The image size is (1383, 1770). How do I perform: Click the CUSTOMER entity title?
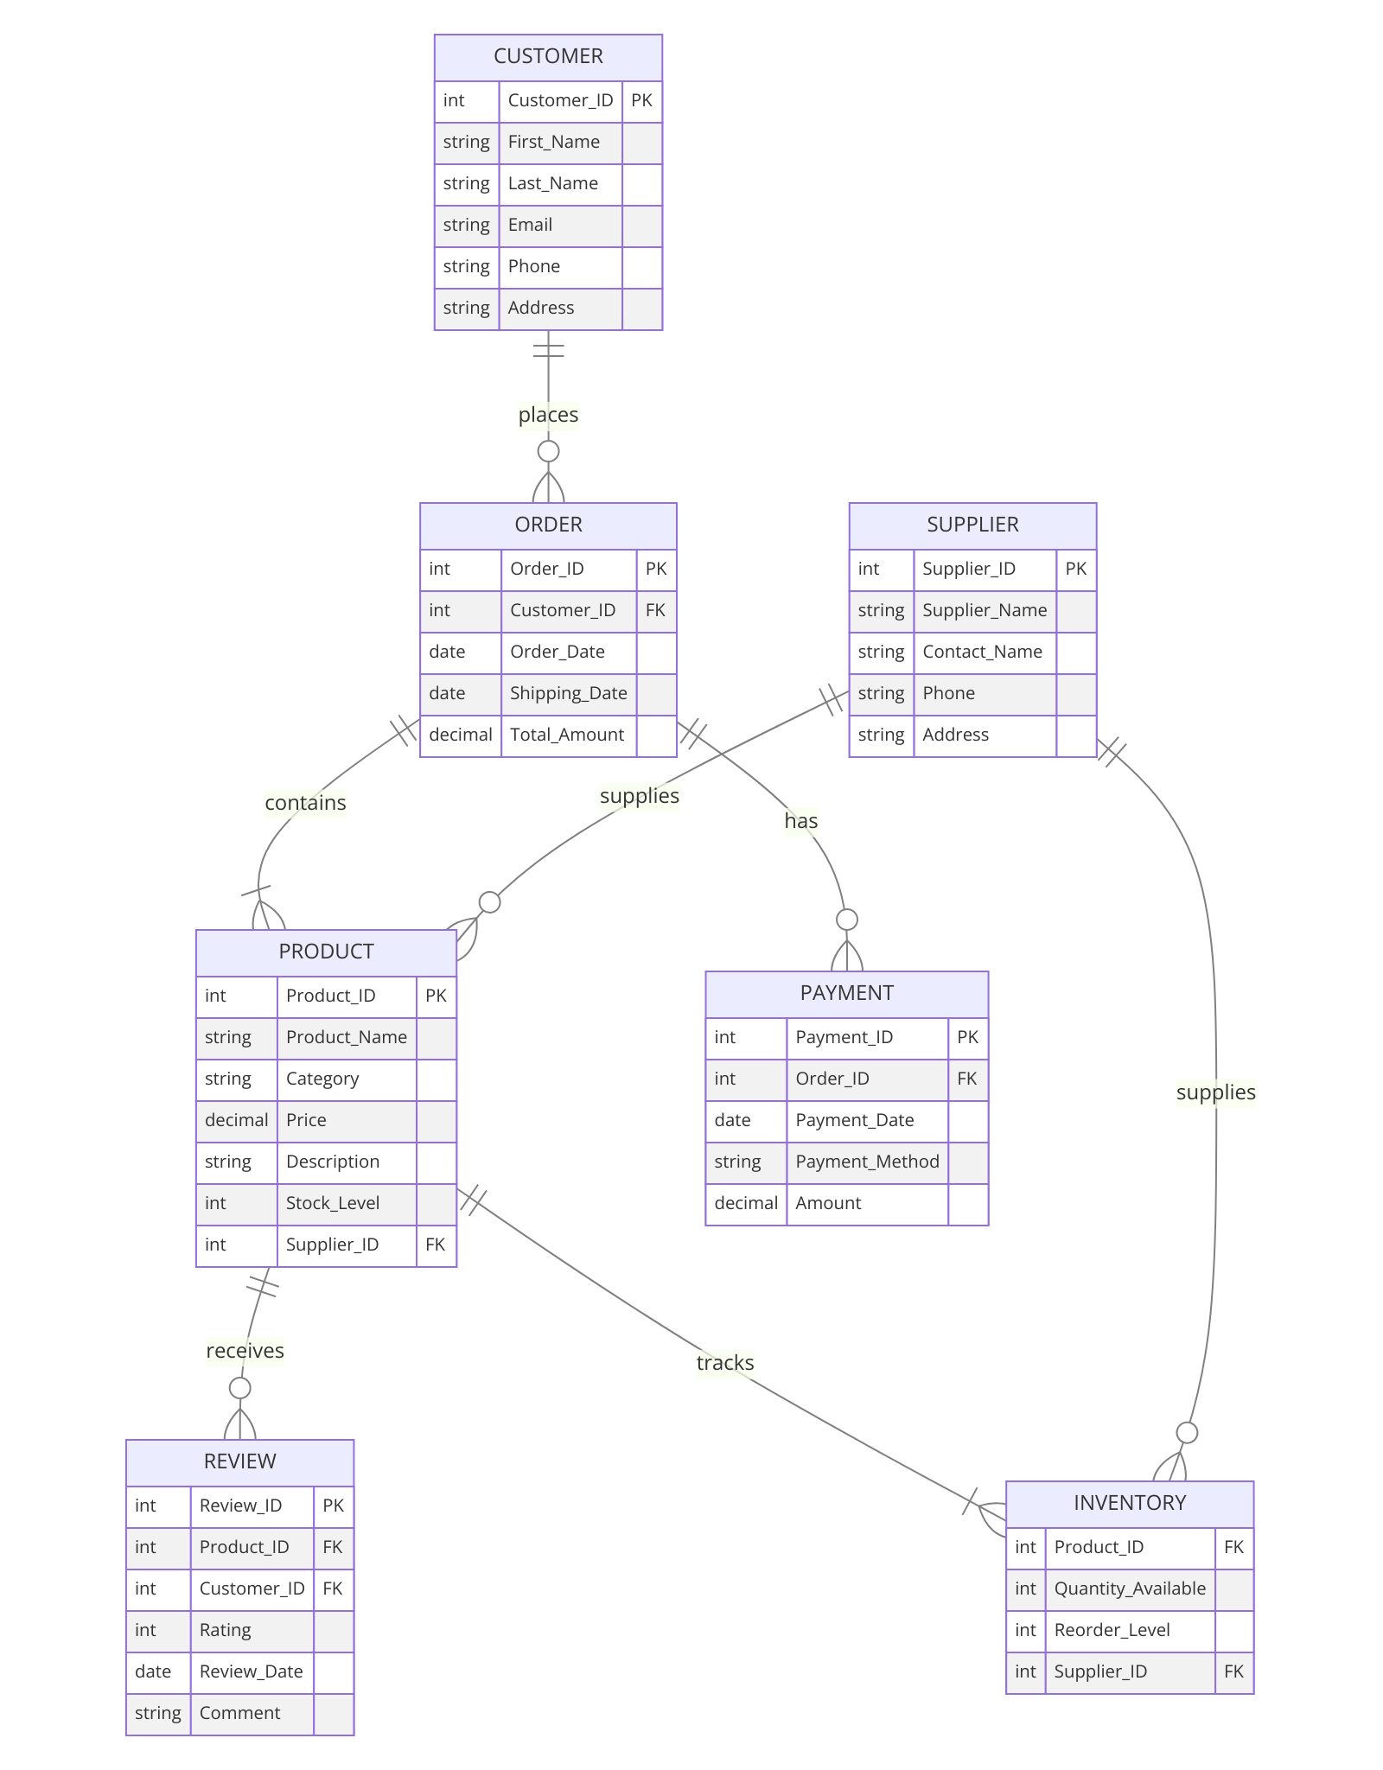coord(548,56)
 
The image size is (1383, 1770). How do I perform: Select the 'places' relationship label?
coord(548,415)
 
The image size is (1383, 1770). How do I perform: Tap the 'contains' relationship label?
coord(305,803)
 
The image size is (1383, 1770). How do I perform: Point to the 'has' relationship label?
coord(800,820)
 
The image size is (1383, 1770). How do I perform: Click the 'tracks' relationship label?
coord(724,1363)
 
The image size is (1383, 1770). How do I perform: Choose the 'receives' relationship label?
coord(245,1351)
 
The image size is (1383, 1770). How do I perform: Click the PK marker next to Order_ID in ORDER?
coord(656,569)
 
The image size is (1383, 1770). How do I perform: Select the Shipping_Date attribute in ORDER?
coord(568,693)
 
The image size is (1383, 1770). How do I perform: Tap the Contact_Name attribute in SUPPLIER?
coord(982,652)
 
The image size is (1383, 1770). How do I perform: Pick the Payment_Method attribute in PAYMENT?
coord(867,1162)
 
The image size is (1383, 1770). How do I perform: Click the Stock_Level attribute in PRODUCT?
coord(333,1203)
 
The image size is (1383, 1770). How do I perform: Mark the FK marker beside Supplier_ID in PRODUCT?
coord(436,1245)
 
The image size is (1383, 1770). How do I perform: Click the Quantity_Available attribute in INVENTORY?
coord(1129,1589)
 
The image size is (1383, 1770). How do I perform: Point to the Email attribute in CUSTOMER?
coord(530,225)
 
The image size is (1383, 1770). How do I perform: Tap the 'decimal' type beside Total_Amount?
coord(461,735)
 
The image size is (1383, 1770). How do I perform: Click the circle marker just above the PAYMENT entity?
coord(847,920)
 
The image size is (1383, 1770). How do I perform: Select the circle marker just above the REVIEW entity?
coord(240,1388)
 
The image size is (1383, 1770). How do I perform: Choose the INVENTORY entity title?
coord(1129,1503)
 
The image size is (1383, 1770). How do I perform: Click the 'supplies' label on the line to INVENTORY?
coord(1215,1092)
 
